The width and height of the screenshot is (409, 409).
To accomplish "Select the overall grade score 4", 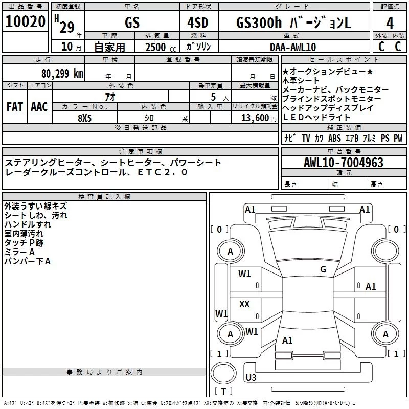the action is tap(390, 23).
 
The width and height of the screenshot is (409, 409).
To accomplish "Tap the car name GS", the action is tap(132, 24).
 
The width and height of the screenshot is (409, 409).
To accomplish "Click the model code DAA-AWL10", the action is tap(293, 47).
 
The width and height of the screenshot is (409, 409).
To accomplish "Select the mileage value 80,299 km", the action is tap(62, 73).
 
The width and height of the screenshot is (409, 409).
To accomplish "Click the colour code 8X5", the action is tap(84, 117).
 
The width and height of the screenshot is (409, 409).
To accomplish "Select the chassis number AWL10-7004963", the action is tap(343, 163).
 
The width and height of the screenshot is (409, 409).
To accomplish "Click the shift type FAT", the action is tap(14, 106).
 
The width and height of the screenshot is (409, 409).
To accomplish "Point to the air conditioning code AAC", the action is tap(39, 106).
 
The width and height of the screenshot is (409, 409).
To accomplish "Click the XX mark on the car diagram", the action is tap(244, 304).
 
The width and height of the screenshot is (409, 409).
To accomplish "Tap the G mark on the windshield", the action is tap(323, 269).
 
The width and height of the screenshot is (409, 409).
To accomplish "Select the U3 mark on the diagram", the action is tap(251, 378).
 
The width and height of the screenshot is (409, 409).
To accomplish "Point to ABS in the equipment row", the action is tap(334, 138).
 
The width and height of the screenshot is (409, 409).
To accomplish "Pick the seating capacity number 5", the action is tap(212, 97).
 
